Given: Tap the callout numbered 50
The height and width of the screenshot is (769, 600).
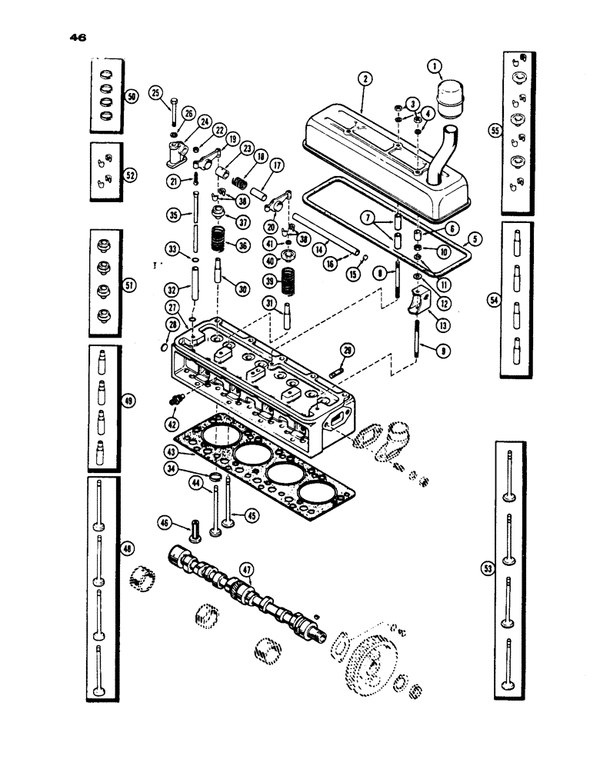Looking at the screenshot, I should [x=131, y=97].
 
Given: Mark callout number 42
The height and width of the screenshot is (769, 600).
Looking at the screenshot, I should [x=170, y=423].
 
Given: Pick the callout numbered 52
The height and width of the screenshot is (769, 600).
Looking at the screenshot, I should [x=131, y=175].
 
